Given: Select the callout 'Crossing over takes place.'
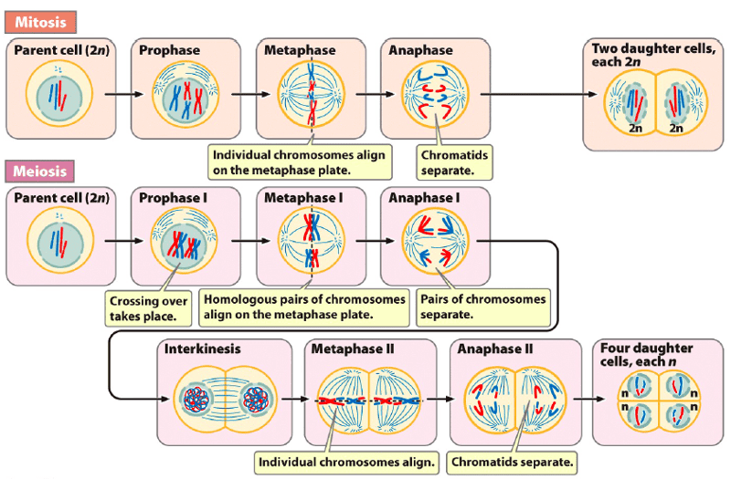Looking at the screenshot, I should point(149,308).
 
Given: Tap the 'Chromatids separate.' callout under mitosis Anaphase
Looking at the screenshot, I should point(455,162).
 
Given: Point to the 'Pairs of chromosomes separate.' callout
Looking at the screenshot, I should point(482,307).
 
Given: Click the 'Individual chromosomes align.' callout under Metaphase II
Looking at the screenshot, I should point(347,462).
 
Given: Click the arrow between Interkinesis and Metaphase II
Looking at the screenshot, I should point(293,399).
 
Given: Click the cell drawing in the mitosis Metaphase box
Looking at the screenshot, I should point(311,94).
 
